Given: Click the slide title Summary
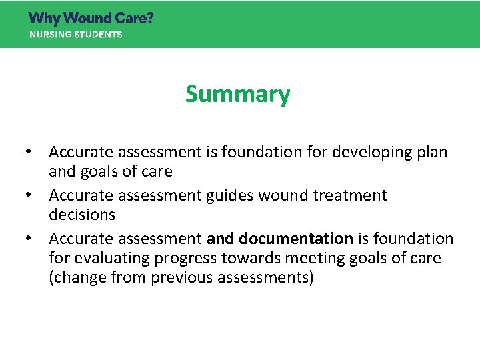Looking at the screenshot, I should pos(237,94).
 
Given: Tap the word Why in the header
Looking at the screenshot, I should pos(43,18).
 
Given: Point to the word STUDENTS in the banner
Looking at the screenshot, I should pos(99,35).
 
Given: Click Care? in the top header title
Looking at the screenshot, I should pos(136,18).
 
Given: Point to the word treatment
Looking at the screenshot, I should pos(351,196).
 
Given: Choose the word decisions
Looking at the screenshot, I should pos(82,215).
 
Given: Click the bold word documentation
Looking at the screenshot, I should pos(296,239).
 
